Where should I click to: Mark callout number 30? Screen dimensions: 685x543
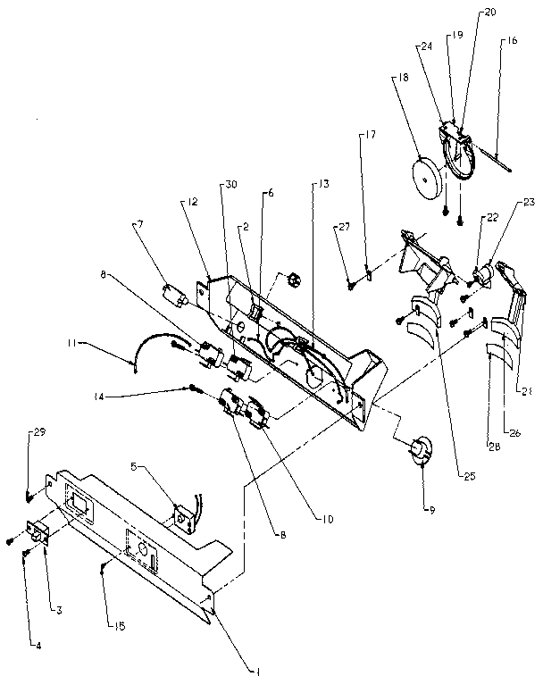pos(231,185)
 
